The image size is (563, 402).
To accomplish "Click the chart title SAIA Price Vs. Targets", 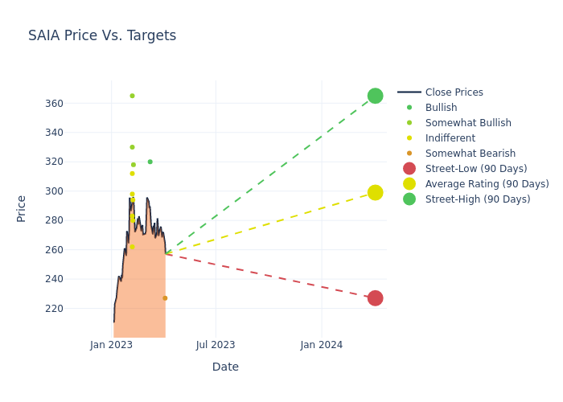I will pyautogui.click(x=102, y=35).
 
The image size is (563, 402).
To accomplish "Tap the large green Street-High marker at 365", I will pyautogui.click(x=375, y=96).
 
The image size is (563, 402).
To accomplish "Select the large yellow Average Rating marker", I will pyautogui.click(x=375, y=192).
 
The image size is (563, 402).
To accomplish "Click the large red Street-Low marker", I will pyautogui.click(x=375, y=298).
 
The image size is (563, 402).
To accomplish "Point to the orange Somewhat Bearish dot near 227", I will pyautogui.click(x=165, y=298).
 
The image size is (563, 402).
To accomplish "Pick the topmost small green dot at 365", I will pyautogui.click(x=132, y=96).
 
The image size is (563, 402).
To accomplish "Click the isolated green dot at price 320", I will pyautogui.click(x=150, y=162).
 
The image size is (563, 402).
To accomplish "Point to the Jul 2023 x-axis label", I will pyautogui.click(x=216, y=345).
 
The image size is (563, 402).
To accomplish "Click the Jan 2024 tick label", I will pyautogui.click(x=322, y=345).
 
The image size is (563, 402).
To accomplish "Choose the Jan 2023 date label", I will pyautogui.click(x=111, y=345).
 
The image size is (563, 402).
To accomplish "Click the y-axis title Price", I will pyautogui.click(x=22, y=208).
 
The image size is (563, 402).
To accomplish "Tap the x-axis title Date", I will pyautogui.click(x=225, y=367).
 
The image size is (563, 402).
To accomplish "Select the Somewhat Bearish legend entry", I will pyautogui.click(x=470, y=154).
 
